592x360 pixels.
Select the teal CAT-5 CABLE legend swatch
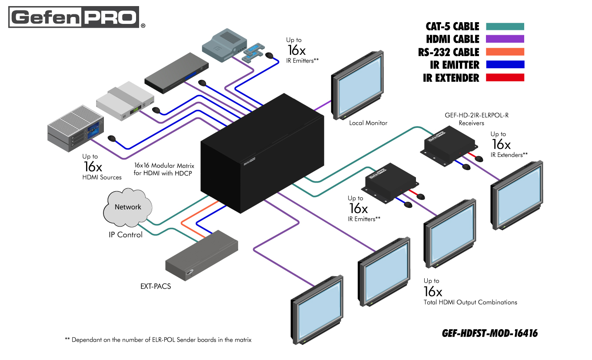pyautogui.click(x=505, y=27)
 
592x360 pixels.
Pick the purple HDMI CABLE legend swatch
pyautogui.click(x=505, y=39)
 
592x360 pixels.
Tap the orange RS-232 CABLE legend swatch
pyautogui.click(x=505, y=52)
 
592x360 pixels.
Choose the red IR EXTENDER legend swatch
pyautogui.click(x=505, y=78)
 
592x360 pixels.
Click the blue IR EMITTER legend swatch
pyautogui.click(x=505, y=65)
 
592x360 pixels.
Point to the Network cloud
pyautogui.click(x=127, y=208)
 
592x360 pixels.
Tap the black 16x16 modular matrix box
pyautogui.click(x=261, y=157)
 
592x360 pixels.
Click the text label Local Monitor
pyautogui.click(x=368, y=123)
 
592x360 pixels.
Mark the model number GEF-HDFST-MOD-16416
pyautogui.click(x=489, y=333)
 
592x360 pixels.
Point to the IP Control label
pyautogui.click(x=125, y=235)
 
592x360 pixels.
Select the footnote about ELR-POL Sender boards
pyautogui.click(x=158, y=340)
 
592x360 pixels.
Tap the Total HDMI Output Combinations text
pyautogui.click(x=470, y=302)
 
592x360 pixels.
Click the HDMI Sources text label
pyautogui.click(x=102, y=177)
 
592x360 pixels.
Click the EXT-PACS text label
pyautogui.click(x=155, y=287)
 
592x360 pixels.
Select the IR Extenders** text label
pyautogui.click(x=509, y=154)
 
